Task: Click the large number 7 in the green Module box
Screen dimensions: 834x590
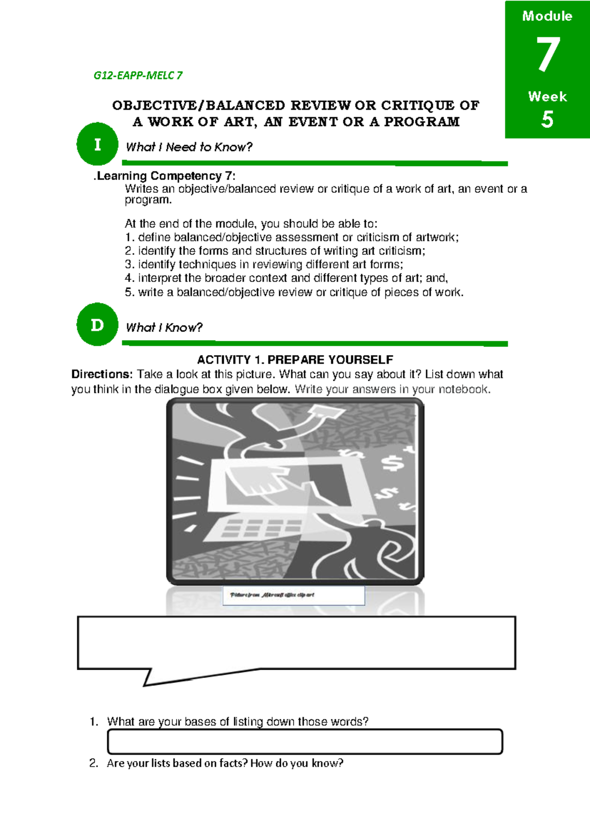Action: point(548,55)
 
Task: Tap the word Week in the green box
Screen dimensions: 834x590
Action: point(547,96)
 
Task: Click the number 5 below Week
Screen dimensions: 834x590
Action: point(547,119)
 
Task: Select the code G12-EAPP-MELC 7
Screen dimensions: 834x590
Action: point(138,75)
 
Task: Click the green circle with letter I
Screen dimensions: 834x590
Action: point(97,144)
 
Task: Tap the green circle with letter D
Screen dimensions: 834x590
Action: point(97,325)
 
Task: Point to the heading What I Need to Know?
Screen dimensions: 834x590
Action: point(189,147)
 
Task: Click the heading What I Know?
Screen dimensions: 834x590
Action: point(164,328)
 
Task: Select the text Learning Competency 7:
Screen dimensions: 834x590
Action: point(166,176)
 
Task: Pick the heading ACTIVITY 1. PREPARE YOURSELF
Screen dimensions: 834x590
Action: point(295,359)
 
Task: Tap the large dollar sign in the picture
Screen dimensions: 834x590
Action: point(393,463)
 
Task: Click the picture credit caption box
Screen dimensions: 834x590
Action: point(294,595)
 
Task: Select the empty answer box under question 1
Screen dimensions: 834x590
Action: point(305,742)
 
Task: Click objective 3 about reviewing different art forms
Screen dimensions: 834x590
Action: point(264,265)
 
